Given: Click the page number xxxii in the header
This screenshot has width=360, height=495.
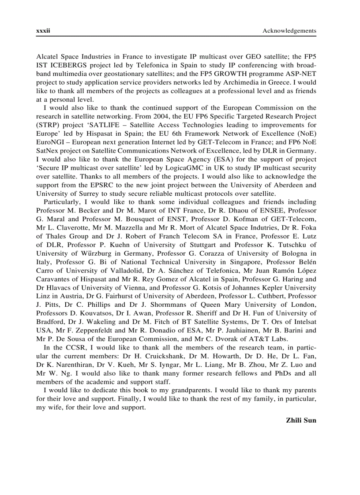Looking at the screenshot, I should click(x=43, y=30).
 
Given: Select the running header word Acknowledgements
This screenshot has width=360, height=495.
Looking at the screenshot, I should click(x=289, y=30).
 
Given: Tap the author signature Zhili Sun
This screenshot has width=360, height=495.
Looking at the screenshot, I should click(x=301, y=420).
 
